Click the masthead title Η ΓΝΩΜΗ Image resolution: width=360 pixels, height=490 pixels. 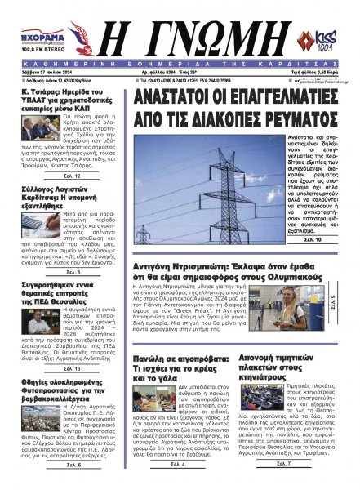180,33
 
